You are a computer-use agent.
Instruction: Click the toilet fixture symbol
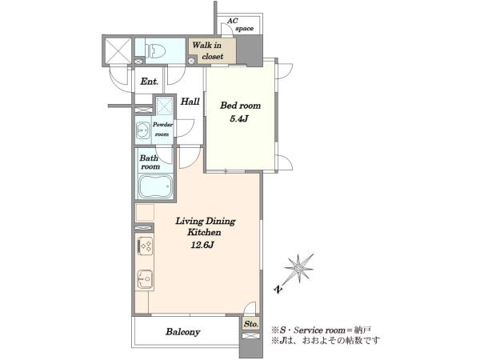pos(156,50)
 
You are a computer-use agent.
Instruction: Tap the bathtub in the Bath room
pos(155,186)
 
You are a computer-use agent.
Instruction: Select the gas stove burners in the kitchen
pos(145,246)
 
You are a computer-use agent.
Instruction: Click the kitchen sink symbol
pos(145,279)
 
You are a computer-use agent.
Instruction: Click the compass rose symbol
pos(298,268)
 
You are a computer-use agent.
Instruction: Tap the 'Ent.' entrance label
pos(150,82)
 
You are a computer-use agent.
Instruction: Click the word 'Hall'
pos(190,102)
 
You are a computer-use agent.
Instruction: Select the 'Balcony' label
pos(182,332)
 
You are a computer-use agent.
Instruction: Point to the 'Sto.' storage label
pos(251,324)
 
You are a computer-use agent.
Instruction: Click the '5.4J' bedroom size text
pos(239,118)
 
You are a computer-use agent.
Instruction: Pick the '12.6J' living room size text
pos(202,245)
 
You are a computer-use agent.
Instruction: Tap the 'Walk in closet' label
pos(208,51)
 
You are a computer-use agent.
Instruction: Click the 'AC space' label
pos(240,25)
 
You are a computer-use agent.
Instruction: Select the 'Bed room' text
pos(240,106)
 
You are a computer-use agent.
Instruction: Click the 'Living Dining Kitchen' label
pos(205,226)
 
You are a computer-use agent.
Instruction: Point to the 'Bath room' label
pos(150,162)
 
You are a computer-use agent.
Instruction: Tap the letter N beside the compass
pos(278,290)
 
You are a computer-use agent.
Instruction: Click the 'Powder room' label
pos(162,129)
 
